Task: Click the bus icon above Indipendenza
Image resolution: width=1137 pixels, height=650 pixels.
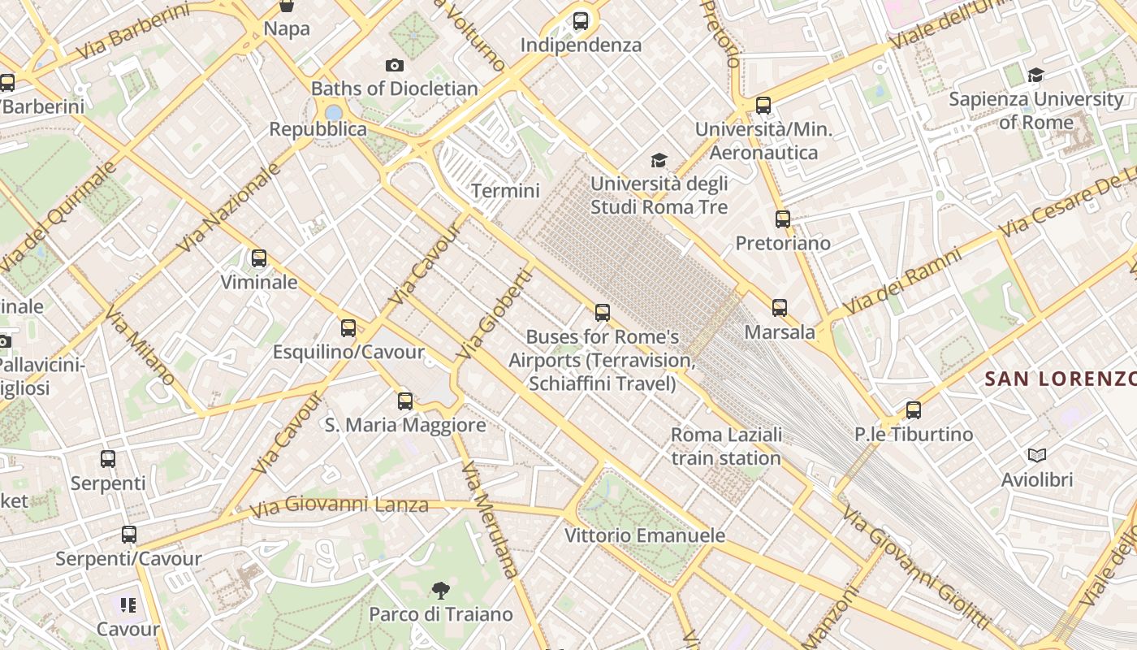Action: (x=580, y=21)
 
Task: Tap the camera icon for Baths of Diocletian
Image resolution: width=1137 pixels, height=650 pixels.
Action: (x=395, y=65)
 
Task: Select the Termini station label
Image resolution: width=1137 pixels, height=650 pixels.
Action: (x=505, y=191)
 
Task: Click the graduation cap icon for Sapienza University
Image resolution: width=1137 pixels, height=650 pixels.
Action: (x=1035, y=76)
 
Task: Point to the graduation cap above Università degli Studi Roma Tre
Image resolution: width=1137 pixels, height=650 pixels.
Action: (x=659, y=160)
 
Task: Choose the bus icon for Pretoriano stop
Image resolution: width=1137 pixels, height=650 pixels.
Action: (x=782, y=219)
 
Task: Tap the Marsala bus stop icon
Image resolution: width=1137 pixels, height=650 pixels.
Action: (x=780, y=308)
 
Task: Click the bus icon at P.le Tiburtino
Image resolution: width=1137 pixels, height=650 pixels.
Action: (x=914, y=410)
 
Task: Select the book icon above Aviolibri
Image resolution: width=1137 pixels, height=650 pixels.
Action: (x=1036, y=455)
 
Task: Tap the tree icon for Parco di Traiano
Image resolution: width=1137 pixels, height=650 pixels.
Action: (x=441, y=590)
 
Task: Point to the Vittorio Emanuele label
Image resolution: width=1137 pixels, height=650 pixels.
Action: (x=645, y=535)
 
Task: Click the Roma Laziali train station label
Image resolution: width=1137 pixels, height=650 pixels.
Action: (x=726, y=446)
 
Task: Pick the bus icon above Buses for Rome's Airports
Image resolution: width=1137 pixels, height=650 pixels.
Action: (x=602, y=313)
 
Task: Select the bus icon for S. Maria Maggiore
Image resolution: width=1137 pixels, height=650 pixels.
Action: (x=404, y=401)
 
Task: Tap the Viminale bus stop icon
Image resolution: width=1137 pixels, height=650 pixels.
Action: (x=259, y=258)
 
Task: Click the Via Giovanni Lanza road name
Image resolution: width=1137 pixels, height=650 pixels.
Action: (x=339, y=506)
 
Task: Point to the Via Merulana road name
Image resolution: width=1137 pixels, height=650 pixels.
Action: (x=489, y=520)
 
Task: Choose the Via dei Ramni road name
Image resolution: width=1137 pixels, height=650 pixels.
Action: (x=901, y=282)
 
